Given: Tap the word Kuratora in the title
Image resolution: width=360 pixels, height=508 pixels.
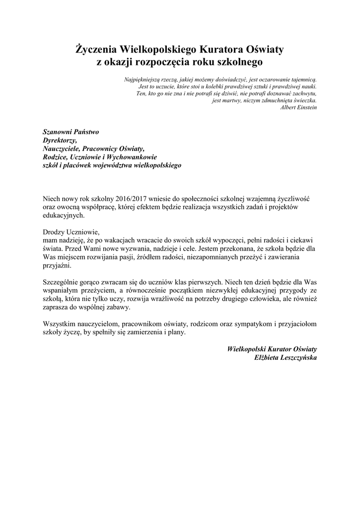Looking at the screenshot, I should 221,50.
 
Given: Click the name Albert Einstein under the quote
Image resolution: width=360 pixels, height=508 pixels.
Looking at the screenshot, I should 298,107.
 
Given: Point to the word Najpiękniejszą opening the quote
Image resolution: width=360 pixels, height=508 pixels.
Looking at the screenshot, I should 144,79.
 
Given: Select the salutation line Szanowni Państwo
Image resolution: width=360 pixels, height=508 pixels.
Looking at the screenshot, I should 71,132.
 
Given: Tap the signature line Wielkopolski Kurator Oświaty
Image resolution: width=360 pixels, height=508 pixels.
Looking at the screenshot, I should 272,349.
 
